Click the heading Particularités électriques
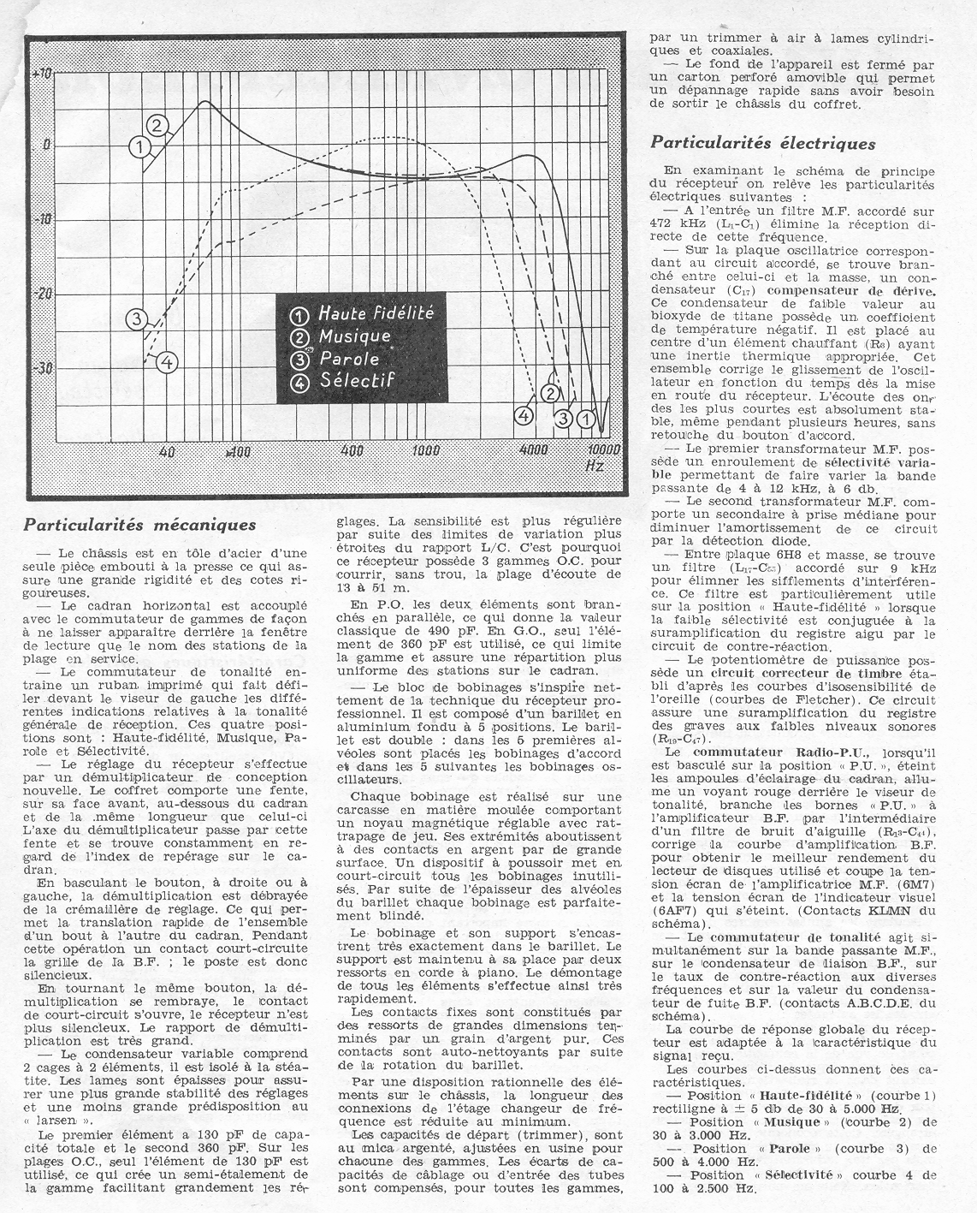(763, 143)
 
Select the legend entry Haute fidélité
(375, 313)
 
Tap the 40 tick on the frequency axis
(168, 451)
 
